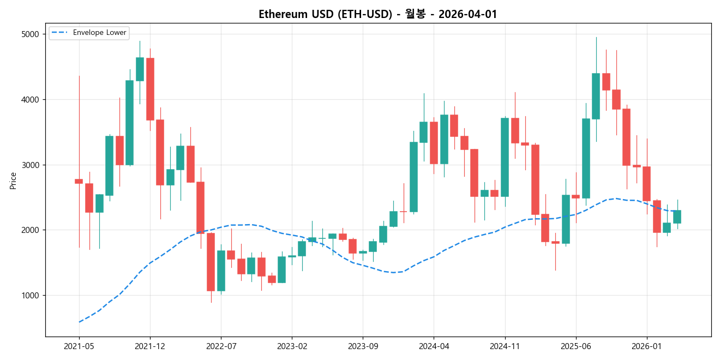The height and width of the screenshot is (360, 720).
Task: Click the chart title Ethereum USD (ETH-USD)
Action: [x=325, y=14]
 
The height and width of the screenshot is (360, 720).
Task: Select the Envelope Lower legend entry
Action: [x=99, y=33]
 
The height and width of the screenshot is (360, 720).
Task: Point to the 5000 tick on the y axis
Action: [x=31, y=34]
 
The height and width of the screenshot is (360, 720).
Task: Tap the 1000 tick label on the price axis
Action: [x=31, y=296]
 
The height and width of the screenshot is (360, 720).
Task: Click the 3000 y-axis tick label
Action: [x=31, y=165]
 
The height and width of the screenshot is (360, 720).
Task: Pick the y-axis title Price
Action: [x=13, y=180]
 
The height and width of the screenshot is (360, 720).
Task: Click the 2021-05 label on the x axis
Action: [x=79, y=346]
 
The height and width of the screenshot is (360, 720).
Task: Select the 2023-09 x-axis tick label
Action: [x=363, y=346]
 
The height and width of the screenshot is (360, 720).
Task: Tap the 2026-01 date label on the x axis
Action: [x=646, y=346]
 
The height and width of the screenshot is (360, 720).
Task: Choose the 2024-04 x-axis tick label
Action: [x=434, y=346]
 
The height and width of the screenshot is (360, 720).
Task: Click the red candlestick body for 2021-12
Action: [x=150, y=89]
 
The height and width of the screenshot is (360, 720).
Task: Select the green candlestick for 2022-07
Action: [x=221, y=271]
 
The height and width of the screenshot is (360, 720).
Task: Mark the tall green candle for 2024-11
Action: [x=505, y=157]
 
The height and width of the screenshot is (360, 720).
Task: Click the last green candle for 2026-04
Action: [x=677, y=217]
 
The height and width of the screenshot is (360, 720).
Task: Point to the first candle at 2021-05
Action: [x=79, y=181]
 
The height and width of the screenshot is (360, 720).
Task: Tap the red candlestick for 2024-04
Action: [x=434, y=142]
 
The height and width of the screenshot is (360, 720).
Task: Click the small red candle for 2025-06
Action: [x=575, y=196]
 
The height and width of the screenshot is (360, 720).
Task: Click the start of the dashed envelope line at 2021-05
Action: [x=79, y=322]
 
